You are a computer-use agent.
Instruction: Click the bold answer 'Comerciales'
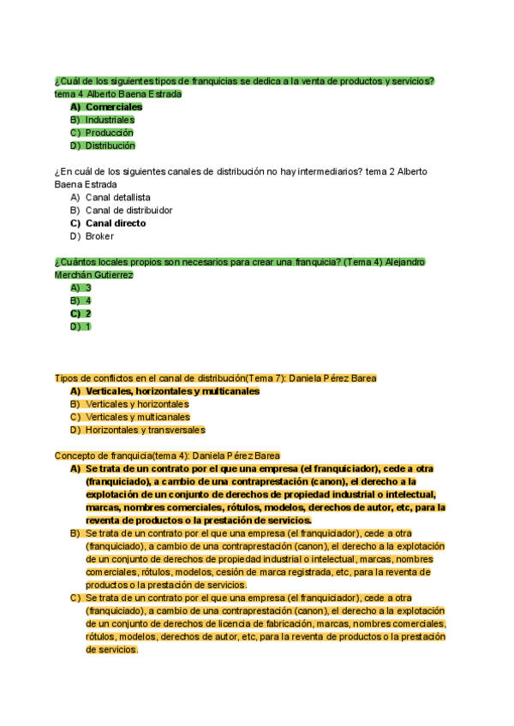pos(114,107)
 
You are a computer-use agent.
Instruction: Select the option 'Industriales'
pos(110,120)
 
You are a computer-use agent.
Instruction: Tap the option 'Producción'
pos(109,133)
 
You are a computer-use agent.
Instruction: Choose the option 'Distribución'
pos(110,146)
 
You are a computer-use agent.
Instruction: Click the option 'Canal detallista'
pos(117,197)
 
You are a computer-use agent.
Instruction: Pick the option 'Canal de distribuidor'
pos(128,210)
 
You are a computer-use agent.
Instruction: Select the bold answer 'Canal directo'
pos(116,223)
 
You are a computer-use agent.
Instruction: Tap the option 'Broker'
pos(99,236)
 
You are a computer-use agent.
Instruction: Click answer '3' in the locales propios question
pos(88,288)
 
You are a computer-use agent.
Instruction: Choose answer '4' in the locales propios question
pos(88,301)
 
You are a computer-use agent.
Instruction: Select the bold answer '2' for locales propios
pos(88,313)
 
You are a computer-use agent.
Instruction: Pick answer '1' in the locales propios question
pos(88,326)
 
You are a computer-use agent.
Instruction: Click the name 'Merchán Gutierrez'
pos(93,275)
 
